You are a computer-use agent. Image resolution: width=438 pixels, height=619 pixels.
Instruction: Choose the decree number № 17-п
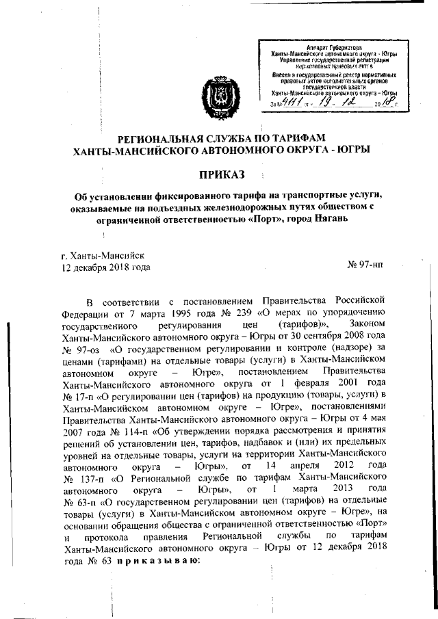pyautogui.click(x=79, y=395)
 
